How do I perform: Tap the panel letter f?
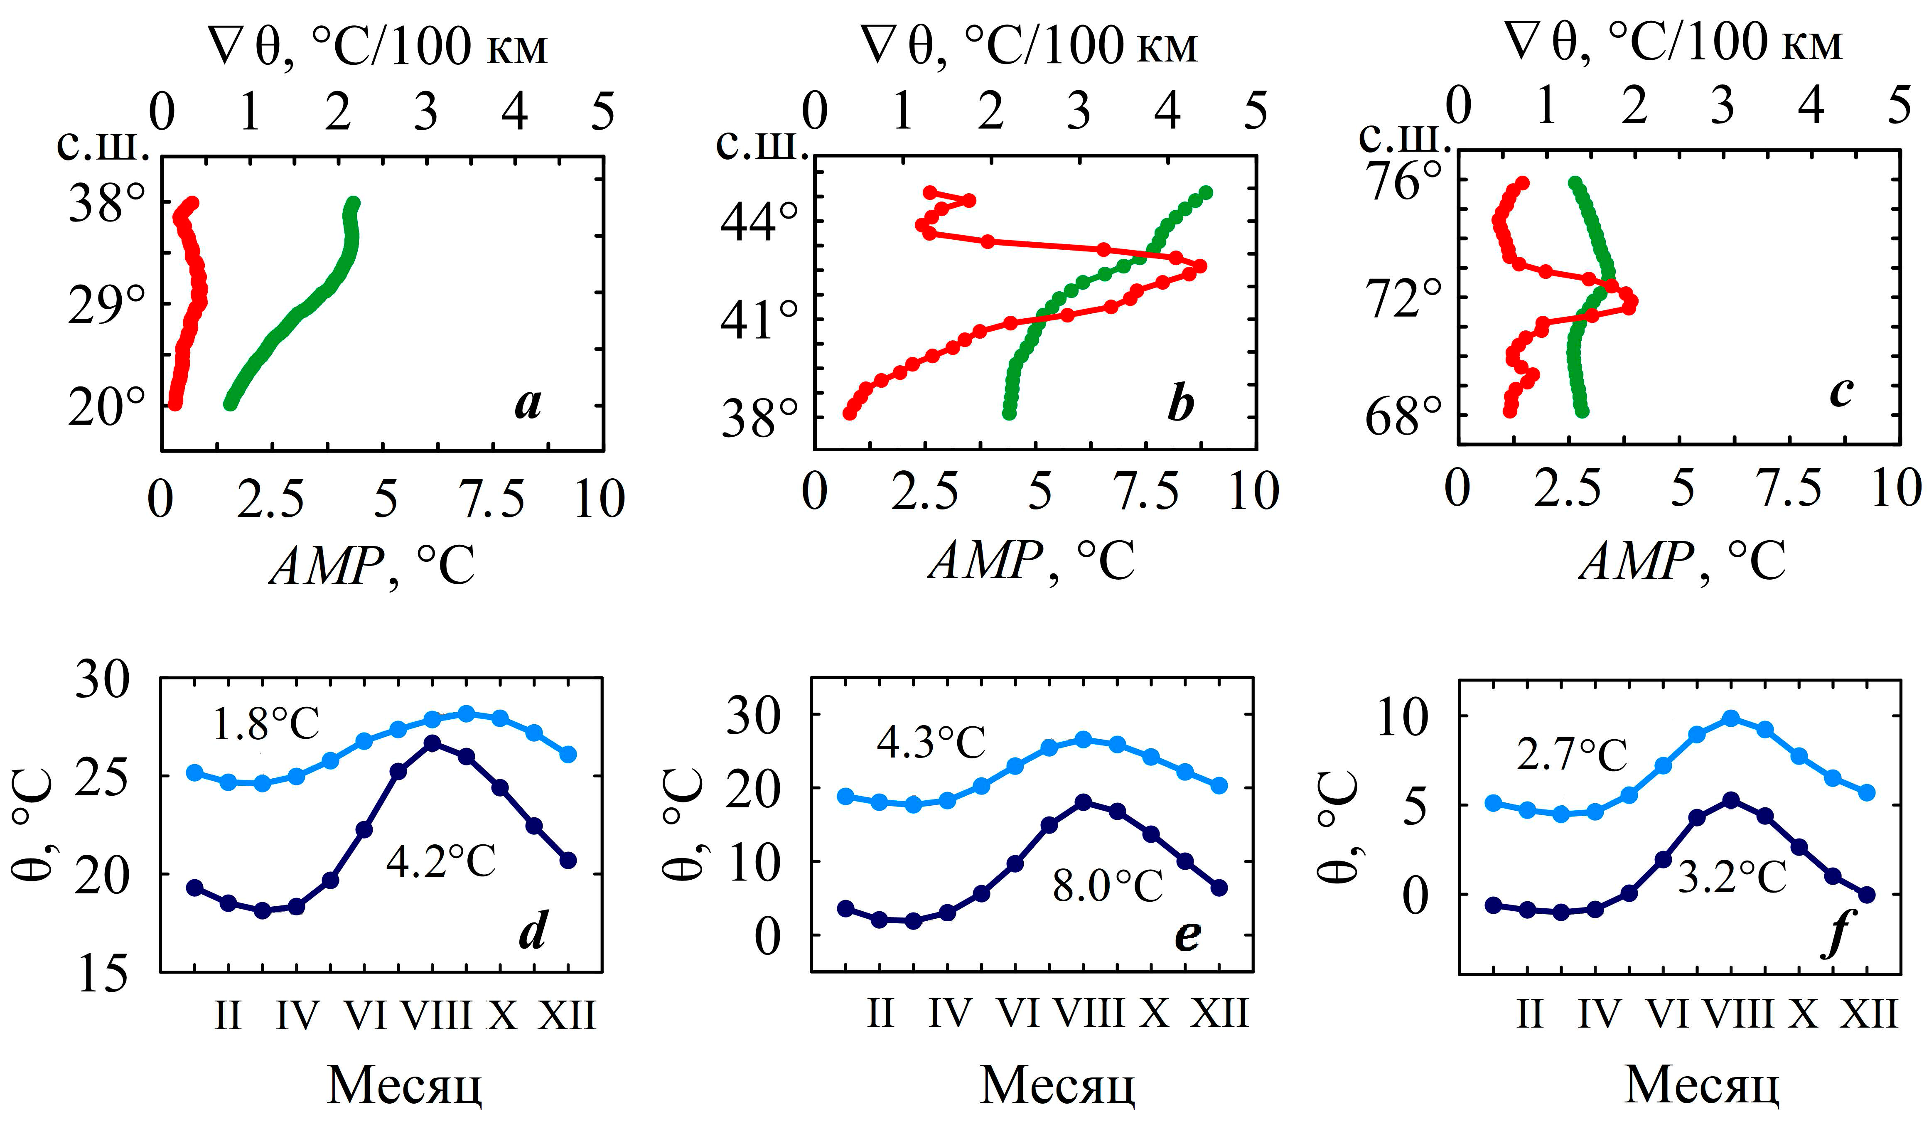(x=1836, y=932)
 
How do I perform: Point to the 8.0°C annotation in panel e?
(x=1108, y=886)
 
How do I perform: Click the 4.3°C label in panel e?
(x=931, y=742)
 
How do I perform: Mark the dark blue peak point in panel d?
(x=432, y=743)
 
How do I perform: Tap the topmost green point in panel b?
(x=1206, y=192)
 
